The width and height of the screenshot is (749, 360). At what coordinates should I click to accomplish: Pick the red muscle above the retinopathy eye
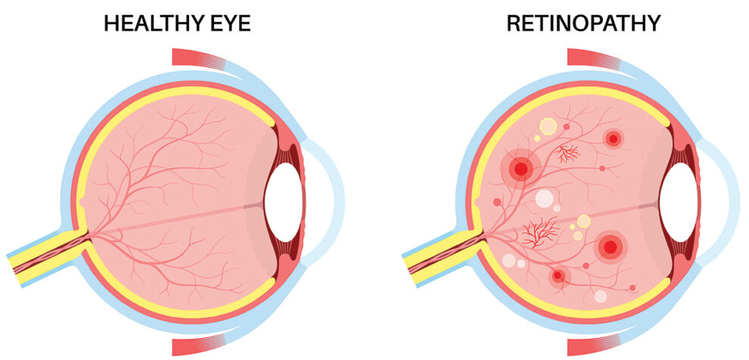point(594,57)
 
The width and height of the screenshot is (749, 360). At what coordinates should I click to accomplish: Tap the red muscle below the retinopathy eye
point(594,346)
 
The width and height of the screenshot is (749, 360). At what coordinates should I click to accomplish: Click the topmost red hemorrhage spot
point(612,139)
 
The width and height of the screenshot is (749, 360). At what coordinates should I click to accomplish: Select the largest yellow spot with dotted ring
point(547,127)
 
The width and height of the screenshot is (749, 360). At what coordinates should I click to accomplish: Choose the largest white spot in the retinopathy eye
point(544,199)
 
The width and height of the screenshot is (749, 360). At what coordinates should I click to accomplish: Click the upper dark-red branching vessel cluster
point(567,154)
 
